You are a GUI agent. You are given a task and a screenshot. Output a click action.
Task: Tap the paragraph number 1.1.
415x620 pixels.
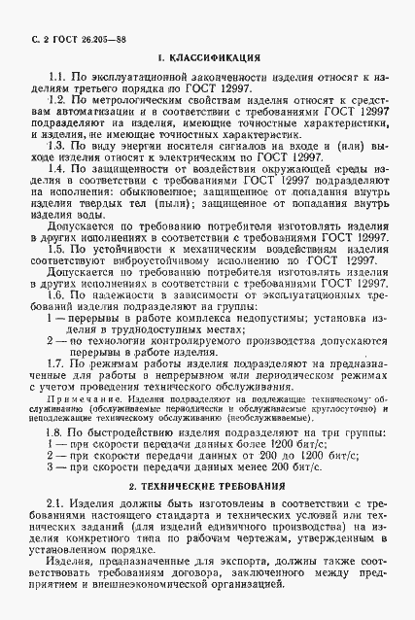(x=56, y=76)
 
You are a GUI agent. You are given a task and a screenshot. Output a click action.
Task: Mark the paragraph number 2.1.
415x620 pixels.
(x=56, y=502)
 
